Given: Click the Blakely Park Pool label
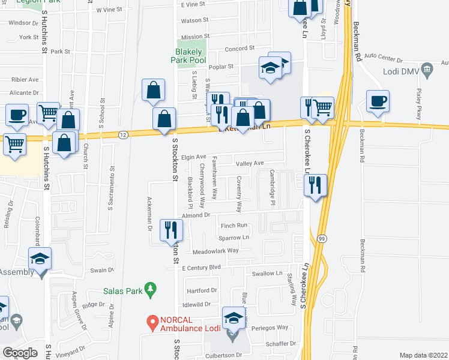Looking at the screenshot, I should click(x=185, y=56).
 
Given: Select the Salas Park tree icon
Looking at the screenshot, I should click(x=151, y=289).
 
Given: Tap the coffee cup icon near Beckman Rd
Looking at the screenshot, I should click(x=377, y=102).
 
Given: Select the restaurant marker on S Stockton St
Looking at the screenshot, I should click(x=170, y=230).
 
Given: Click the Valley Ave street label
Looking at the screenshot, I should click(x=250, y=163).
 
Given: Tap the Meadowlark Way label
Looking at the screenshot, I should click(x=215, y=250).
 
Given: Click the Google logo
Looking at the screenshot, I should click(x=20, y=353).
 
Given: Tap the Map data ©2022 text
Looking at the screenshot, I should click(x=423, y=355).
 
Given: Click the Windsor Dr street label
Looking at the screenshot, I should click(x=23, y=23).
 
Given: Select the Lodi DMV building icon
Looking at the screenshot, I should click(x=427, y=70).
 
